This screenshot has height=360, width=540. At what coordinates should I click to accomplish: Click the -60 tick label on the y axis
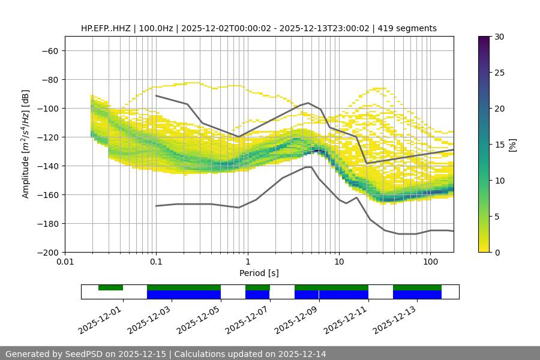click(x=49, y=50)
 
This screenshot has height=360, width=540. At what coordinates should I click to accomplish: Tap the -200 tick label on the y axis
click(x=47, y=252)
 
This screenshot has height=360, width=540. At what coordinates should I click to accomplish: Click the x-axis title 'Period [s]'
click(x=259, y=273)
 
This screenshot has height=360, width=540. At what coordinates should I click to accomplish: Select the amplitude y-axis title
click(x=26, y=144)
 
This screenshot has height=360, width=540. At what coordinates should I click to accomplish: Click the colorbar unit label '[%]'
click(x=512, y=145)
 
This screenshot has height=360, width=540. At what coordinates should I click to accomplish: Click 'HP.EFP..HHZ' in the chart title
click(x=106, y=28)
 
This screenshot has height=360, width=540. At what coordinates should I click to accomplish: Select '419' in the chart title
click(x=394, y=28)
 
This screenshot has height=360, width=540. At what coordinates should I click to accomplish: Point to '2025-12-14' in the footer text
click(x=303, y=354)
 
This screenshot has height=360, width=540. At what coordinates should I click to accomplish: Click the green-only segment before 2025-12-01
click(x=110, y=287)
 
